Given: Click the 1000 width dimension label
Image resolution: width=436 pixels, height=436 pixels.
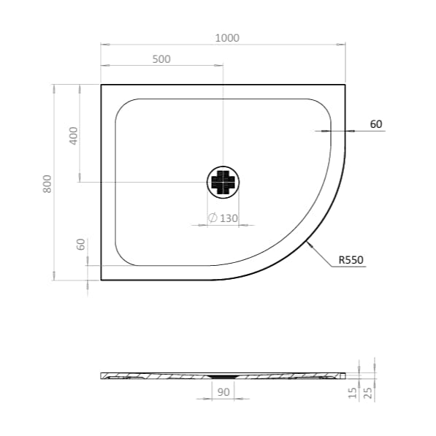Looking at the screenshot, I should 228,37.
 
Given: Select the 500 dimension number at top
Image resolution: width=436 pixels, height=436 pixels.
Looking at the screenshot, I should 161,59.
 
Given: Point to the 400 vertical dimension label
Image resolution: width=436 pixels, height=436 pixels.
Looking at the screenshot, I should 72,136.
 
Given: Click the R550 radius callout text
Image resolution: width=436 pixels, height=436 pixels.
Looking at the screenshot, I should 351,259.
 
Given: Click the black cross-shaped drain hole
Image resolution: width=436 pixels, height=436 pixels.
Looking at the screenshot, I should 223,182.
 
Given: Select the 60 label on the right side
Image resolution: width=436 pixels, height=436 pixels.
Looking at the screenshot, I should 375,124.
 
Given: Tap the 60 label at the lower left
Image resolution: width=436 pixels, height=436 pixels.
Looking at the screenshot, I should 81,245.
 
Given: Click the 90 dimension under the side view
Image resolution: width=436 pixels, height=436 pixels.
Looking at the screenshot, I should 223,392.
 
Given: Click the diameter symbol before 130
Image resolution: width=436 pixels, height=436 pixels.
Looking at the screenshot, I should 212,218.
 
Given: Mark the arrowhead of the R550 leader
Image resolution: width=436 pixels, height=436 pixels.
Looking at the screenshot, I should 310,245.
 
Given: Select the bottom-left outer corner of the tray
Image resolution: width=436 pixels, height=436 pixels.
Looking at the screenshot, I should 101,280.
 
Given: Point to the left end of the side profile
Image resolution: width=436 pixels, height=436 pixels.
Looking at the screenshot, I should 102,376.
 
